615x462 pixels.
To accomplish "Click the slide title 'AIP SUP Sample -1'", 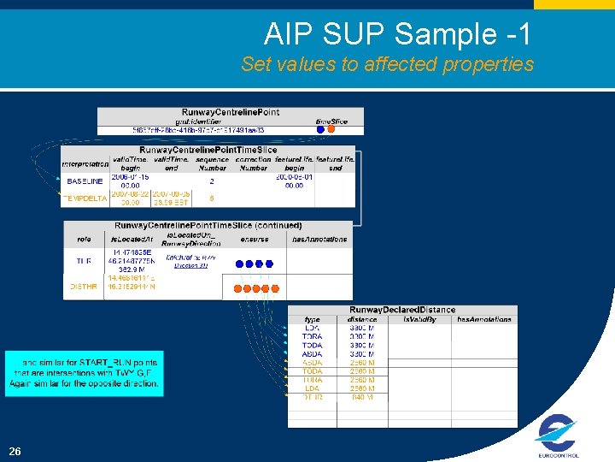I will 397,34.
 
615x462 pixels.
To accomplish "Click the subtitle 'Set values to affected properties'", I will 387,64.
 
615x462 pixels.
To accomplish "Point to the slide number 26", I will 15,451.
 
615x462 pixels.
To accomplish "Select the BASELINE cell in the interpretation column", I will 85,181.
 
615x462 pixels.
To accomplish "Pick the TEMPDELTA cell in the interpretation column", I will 85,198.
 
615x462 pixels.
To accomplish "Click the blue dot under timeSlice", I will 321,131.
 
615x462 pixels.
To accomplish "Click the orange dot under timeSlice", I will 331,131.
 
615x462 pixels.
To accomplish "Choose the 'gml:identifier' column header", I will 201,121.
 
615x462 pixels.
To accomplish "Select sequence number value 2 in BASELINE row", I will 211,181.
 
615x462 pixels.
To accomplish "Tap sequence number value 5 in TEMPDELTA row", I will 211,198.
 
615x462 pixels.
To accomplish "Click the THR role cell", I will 84,261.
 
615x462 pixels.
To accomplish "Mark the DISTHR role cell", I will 84,287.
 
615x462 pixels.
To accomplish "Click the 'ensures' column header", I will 254,240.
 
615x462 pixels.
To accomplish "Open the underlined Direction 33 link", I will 190,266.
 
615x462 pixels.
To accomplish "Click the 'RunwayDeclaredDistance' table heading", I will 402,310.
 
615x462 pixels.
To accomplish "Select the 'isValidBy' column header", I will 419,319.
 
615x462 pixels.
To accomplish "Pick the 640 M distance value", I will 362,397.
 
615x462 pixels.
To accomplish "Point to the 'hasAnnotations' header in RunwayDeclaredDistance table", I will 483,319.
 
